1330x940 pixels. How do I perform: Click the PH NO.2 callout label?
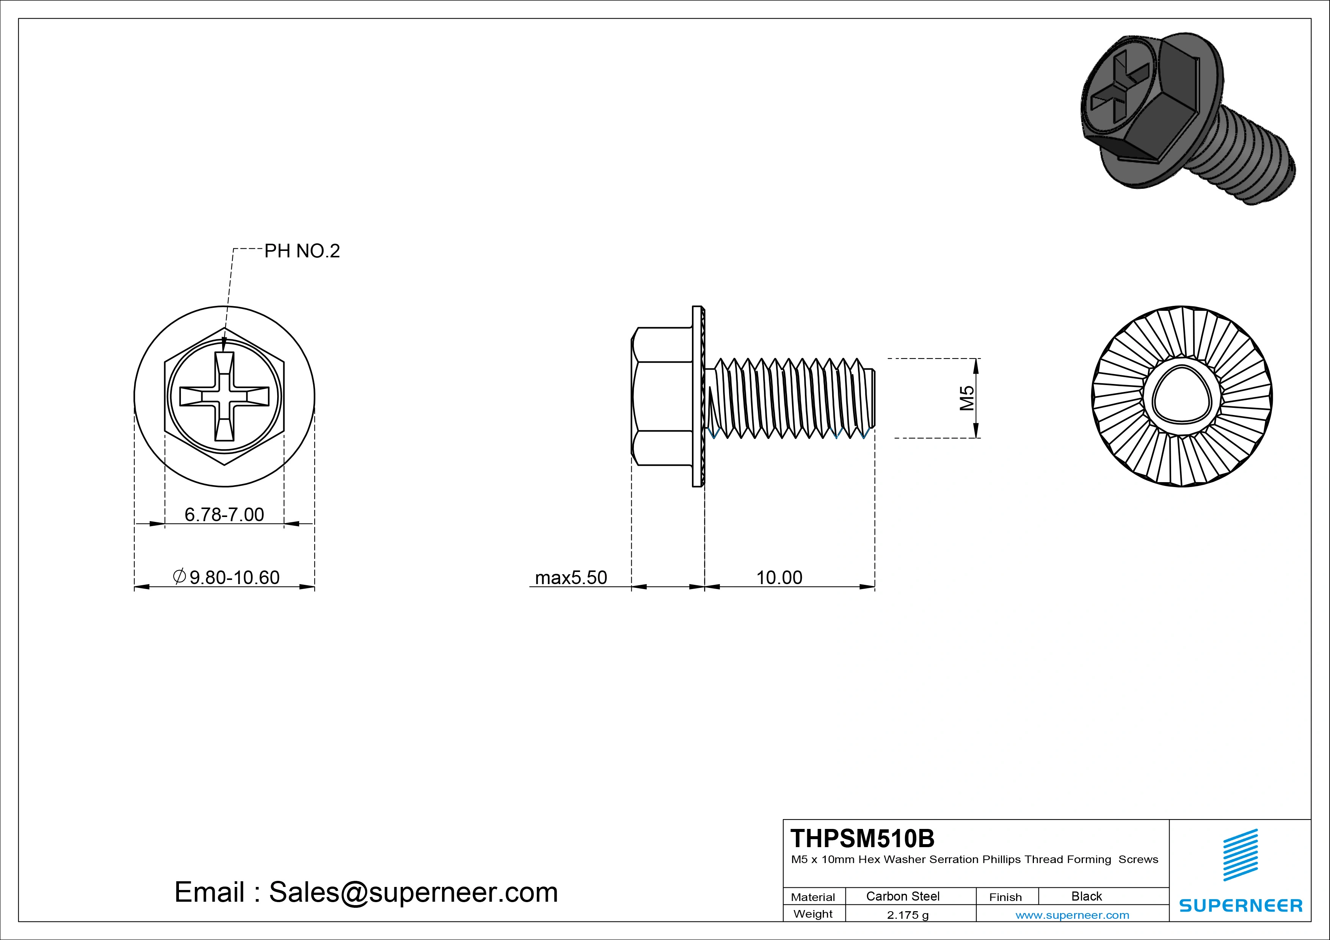click(302, 251)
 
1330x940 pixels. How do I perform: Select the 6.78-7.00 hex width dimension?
click(224, 514)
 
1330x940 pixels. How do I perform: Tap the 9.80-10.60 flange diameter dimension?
click(227, 577)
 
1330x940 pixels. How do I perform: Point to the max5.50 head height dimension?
click(571, 577)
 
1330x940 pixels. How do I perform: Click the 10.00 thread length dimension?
click(779, 577)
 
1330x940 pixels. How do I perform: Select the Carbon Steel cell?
click(902, 896)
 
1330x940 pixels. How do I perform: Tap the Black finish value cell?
click(1086, 896)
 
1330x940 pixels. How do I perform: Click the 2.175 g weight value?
click(908, 915)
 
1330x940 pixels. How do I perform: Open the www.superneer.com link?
click(1072, 915)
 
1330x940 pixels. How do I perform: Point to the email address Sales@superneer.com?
click(366, 892)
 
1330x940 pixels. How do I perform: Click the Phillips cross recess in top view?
click(224, 396)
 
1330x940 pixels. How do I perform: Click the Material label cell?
click(813, 896)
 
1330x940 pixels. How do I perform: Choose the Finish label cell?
click(1005, 896)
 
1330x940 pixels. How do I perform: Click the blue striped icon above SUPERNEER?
click(1240, 854)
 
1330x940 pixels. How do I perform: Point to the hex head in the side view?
click(662, 396)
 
